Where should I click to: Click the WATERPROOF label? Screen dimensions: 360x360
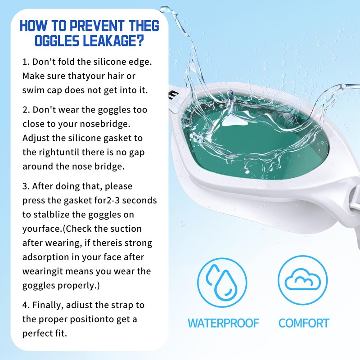[223, 323]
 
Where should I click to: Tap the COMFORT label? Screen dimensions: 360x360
[304, 323]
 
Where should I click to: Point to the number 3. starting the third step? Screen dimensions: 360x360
[26, 186]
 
